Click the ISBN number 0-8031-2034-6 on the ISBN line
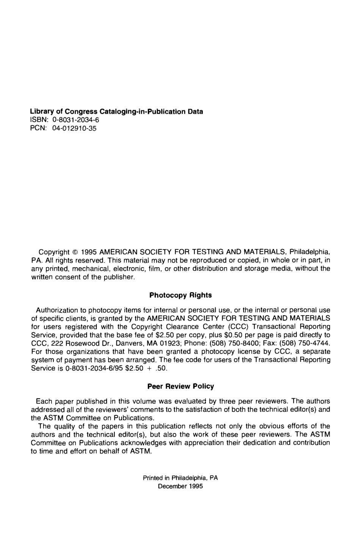(76, 120)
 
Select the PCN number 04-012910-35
(74, 128)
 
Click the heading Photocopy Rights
(180, 295)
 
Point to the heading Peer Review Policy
(180, 386)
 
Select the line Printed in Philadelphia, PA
(180, 478)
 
